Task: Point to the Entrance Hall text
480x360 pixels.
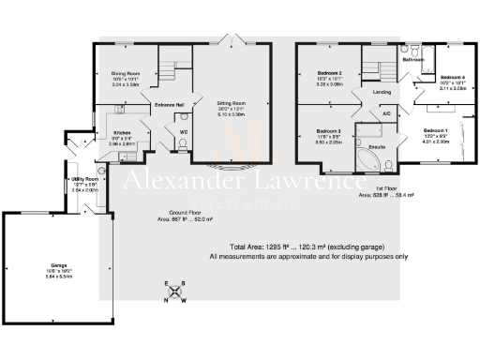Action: pos(170,104)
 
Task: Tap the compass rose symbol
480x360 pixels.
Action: pos(174,292)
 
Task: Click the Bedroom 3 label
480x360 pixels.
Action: pos(327,130)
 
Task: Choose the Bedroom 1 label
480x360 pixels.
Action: pos(435,128)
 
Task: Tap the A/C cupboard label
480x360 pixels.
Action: pos(385,113)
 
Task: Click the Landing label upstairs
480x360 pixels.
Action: pos(382,93)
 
